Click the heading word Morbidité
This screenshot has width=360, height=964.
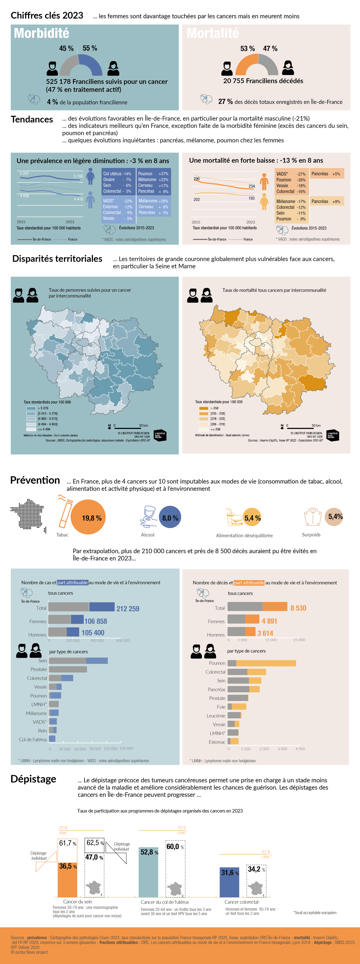[x=42, y=33]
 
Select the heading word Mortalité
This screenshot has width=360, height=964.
[x=213, y=33]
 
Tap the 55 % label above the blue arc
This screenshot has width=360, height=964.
[x=90, y=48]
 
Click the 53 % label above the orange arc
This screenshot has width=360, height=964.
[x=247, y=49]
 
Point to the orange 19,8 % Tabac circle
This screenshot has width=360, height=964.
[x=88, y=517]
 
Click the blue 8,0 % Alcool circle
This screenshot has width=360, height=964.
[x=170, y=517]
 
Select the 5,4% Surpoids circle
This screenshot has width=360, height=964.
[x=334, y=516]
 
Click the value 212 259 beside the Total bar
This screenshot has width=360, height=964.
[x=128, y=608]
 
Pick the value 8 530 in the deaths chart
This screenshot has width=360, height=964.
[x=298, y=608]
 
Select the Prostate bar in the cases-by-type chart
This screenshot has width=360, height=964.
[x=68, y=669]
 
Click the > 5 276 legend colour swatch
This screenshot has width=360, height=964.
[x=31, y=408]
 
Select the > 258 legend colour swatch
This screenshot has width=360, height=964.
[x=204, y=408]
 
